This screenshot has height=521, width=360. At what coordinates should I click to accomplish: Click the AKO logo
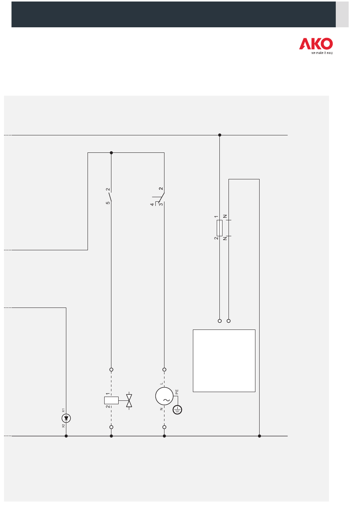pos(316,44)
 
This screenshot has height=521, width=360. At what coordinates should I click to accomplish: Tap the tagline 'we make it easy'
pos(322,53)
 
